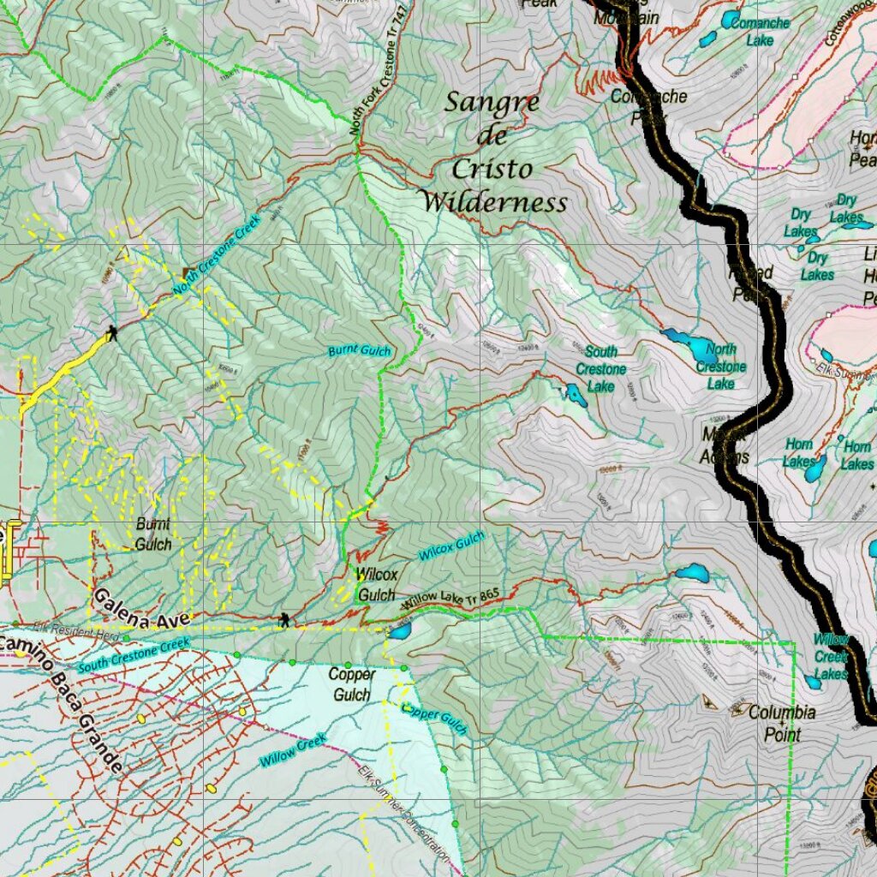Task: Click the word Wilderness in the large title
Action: (495, 203)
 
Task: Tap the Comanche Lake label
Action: (759, 31)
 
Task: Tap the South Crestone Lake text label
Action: (600, 368)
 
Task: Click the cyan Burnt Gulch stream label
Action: (360, 351)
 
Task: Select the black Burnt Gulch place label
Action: (153, 534)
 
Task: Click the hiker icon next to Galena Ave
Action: (283, 619)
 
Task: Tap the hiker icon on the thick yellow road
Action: (111, 332)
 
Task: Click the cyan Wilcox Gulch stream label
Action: (451, 546)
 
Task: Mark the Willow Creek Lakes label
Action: (830, 656)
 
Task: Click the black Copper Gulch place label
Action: (351, 684)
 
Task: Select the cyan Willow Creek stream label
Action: (294, 749)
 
